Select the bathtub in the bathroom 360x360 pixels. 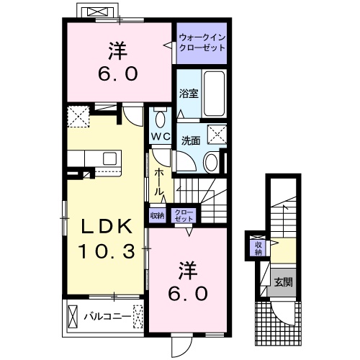point(213,92)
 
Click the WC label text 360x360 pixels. point(160,136)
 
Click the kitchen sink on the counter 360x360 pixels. point(109,157)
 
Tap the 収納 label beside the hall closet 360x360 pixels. point(157,215)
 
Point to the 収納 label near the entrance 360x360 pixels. point(257,247)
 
